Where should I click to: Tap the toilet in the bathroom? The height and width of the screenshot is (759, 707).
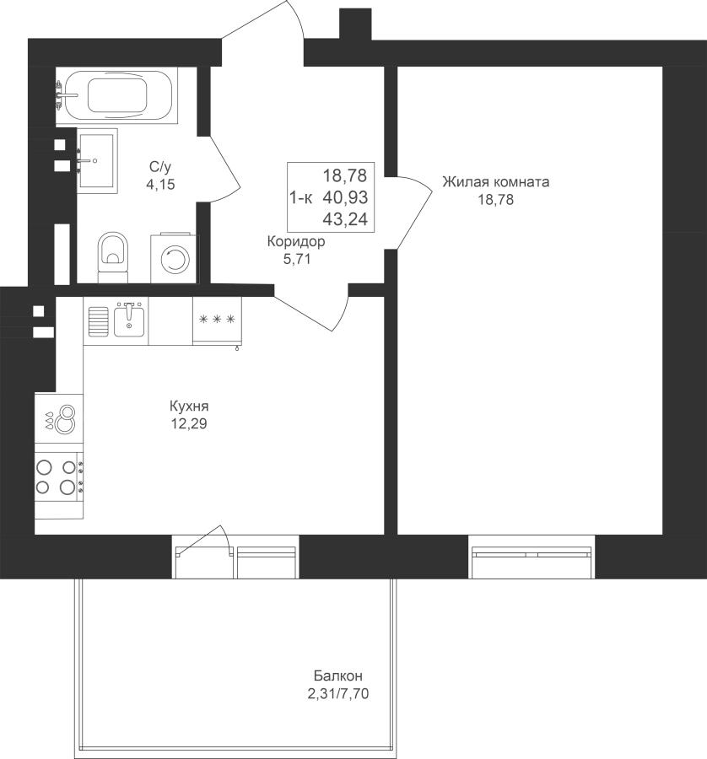113,256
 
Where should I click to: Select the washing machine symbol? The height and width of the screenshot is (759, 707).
175,259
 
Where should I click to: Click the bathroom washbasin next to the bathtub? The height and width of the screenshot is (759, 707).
97,161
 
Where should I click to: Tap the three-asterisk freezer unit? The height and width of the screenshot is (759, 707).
217,320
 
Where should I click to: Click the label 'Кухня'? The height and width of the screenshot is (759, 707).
189,406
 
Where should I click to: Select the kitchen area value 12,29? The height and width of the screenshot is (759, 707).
189,423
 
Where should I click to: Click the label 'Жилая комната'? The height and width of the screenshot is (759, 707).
496,182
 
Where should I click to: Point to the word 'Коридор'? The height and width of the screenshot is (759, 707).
296,241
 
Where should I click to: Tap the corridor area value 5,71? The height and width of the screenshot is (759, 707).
297,259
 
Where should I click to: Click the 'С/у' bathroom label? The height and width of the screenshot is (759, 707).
160,167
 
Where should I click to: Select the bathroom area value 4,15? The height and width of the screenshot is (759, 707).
160,185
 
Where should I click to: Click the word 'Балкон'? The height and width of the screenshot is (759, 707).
338,676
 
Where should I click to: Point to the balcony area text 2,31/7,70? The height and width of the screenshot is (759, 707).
338,694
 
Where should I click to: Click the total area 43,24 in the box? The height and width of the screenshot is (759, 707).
345,219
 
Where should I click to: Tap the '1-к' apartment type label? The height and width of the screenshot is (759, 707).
301,197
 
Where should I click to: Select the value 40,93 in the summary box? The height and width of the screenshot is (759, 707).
345,197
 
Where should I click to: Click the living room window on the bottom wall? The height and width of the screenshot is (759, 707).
532,557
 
